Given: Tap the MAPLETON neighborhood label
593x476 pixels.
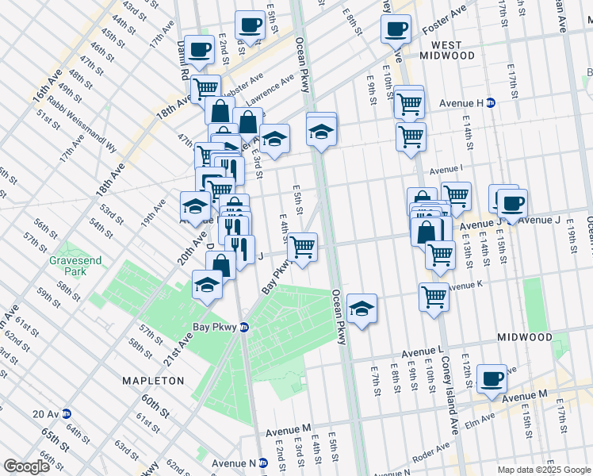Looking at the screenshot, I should point(153,381).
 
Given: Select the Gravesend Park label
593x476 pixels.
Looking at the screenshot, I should point(72,265).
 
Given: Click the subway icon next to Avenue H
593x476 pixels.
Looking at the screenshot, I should point(491,103).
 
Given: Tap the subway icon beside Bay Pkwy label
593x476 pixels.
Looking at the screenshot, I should point(245,327).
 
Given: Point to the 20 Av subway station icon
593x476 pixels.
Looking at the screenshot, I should point(67,413).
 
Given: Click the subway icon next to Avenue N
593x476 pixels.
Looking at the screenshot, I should point(263,463).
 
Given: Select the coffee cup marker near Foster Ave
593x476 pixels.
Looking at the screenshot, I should point(396,29).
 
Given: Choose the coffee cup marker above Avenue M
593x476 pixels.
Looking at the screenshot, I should point(492,378).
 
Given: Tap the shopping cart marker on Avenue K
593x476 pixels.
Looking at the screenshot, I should point(434,297).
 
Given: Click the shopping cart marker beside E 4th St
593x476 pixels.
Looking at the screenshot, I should point(301,247).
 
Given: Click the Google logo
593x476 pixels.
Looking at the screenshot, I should point(26,466).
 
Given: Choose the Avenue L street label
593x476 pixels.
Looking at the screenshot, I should point(422,351).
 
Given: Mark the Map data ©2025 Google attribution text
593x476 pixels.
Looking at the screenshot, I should point(544,470).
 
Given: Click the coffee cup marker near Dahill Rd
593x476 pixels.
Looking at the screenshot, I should point(200,49).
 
